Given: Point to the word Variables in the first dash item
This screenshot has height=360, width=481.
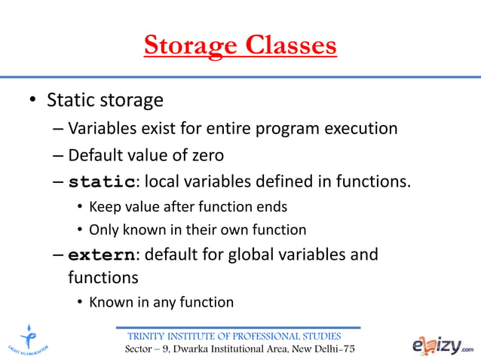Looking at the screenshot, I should point(101,128).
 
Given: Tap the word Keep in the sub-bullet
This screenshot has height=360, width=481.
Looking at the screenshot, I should point(103,206).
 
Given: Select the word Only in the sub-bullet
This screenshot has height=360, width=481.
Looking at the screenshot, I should point(103,230).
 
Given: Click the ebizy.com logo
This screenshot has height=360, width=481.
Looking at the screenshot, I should point(443,344).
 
